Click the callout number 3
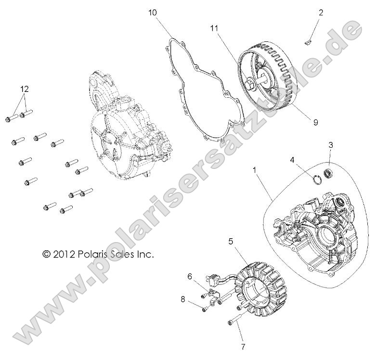tap(331, 145)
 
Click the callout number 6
tap(190, 276)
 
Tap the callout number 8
tap(183, 298)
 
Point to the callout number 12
tap(24, 90)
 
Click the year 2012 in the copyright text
tap(63, 254)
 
